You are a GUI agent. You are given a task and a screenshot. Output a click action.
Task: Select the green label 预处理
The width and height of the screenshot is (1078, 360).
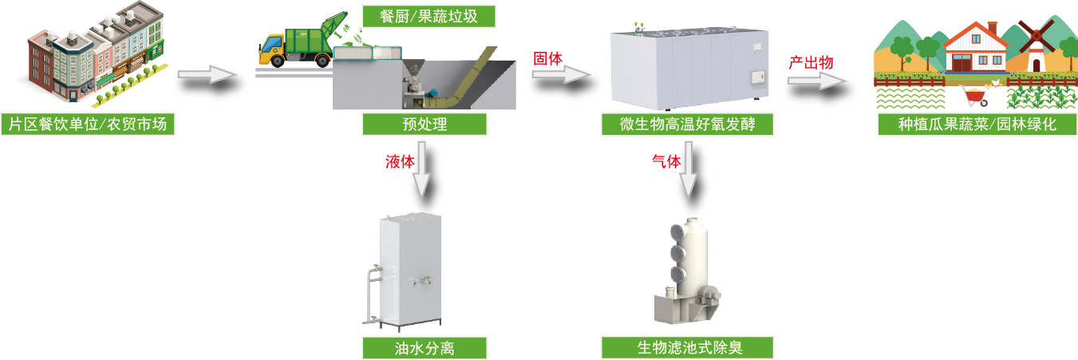pyautogui.click(x=424, y=124)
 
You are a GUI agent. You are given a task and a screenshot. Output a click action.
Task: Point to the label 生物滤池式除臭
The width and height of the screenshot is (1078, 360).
pyautogui.click(x=687, y=348)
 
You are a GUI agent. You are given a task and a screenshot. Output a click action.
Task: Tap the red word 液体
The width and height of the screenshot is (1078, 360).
pyautogui.click(x=400, y=161)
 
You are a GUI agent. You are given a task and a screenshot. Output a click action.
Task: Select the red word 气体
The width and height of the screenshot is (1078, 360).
pyautogui.click(x=666, y=161)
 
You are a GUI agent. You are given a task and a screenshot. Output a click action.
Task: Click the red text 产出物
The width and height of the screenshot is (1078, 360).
pyautogui.click(x=811, y=61)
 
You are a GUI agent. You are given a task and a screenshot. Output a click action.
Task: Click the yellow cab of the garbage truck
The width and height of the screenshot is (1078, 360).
pyautogui.click(x=272, y=49)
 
